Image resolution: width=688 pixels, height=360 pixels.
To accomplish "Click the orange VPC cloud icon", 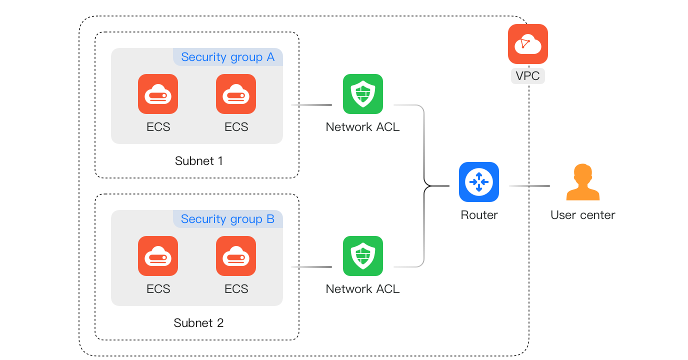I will click(527, 44).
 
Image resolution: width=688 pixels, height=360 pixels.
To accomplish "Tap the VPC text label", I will click(527, 76).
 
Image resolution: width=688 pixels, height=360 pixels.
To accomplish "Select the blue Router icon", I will click(478, 182).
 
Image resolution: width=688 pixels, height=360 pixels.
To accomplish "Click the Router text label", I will click(479, 215).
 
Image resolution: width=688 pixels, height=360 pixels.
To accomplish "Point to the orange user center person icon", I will click(582, 182).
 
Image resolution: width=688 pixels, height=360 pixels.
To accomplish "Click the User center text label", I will click(582, 215).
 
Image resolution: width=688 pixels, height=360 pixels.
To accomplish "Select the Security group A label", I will click(227, 57).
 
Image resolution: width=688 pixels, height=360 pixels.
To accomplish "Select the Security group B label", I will click(227, 219).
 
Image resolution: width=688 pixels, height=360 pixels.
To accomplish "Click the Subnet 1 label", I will click(198, 161).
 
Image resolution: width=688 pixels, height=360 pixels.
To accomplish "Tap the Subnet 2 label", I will click(198, 323).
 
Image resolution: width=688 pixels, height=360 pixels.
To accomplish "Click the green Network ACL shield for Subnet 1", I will click(362, 94).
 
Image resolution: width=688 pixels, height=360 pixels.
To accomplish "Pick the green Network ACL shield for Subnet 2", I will click(362, 256).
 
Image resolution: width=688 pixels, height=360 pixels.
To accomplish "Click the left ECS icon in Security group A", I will click(158, 94).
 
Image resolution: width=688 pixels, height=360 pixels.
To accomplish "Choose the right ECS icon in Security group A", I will click(236, 94).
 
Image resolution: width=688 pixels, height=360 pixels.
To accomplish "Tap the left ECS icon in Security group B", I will click(158, 256).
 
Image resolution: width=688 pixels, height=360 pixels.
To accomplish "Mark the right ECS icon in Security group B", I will click(236, 256).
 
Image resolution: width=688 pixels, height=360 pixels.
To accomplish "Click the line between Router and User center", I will click(529, 186).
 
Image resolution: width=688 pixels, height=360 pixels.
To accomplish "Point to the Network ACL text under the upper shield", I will click(362, 127).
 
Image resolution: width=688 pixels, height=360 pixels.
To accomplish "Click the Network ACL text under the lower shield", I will click(362, 289).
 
